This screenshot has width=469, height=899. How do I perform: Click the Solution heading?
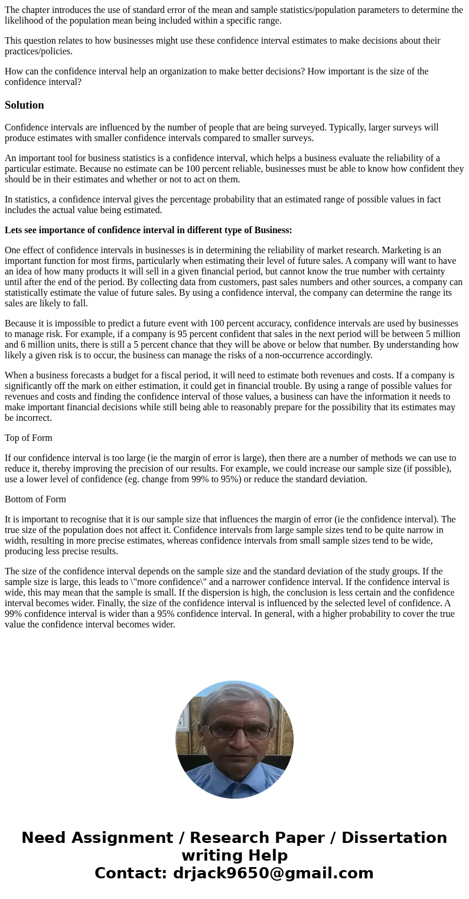(24, 105)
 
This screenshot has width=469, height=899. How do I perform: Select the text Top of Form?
(28, 438)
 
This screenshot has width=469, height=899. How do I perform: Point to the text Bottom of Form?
(35, 499)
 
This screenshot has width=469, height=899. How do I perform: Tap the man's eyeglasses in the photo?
(239, 731)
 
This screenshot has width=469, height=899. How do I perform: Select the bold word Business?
(273, 230)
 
